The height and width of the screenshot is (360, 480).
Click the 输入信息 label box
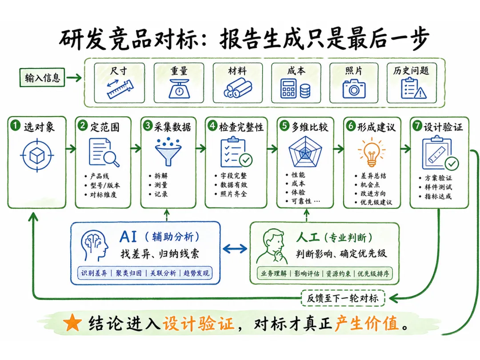(42, 77)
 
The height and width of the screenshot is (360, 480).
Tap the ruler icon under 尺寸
(120, 89)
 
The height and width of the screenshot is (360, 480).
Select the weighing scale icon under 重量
(179, 89)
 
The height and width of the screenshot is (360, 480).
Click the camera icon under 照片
(354, 89)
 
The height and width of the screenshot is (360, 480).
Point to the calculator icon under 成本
(288, 88)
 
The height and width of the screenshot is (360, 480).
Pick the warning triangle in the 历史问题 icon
(420, 93)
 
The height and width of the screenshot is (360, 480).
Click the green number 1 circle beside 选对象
(15, 125)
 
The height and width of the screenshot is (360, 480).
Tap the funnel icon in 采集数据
(168, 152)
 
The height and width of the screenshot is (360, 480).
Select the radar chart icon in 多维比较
(305, 152)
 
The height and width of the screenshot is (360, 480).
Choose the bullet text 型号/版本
(105, 185)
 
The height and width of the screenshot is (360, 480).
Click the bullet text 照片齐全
(234, 194)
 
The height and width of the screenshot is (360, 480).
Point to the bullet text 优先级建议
(376, 202)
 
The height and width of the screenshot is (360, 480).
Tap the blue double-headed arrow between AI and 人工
(235, 248)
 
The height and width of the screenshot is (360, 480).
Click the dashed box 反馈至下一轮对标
(343, 298)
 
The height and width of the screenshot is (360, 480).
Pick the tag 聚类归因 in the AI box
(128, 273)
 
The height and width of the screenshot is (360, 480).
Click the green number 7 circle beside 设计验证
(417, 125)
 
